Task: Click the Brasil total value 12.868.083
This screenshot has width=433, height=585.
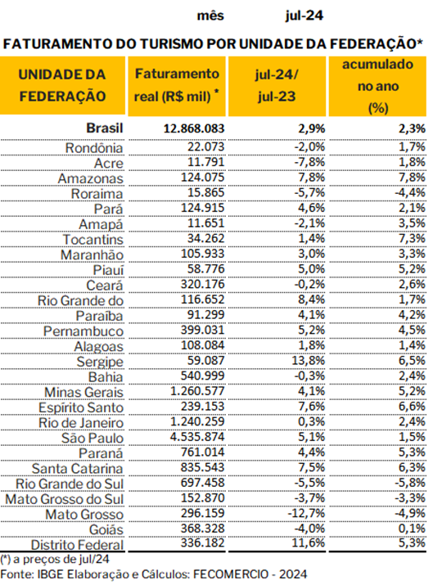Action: (194, 128)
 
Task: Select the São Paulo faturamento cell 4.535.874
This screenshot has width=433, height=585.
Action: (197, 437)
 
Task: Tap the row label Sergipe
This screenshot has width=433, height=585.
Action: (100, 362)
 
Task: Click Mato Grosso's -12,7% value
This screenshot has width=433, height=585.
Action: (306, 513)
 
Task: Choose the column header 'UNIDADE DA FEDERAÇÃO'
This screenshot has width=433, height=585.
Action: (62, 85)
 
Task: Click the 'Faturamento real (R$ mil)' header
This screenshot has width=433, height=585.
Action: (177, 85)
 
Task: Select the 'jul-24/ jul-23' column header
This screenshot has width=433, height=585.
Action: (277, 85)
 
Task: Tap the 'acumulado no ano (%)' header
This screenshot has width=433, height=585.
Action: (378, 86)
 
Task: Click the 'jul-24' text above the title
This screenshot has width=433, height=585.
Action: (304, 16)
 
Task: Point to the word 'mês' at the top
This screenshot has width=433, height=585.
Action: (210, 16)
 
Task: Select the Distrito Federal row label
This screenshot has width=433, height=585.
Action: (77, 545)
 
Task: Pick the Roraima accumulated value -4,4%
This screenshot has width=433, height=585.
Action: (410, 192)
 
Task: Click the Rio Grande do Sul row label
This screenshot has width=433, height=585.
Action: (70, 484)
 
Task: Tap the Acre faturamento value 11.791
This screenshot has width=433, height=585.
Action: (205, 162)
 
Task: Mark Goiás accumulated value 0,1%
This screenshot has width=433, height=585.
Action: (412, 529)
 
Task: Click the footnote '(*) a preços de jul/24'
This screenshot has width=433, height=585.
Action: (55, 560)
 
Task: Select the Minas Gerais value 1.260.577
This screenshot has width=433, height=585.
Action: (197, 391)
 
